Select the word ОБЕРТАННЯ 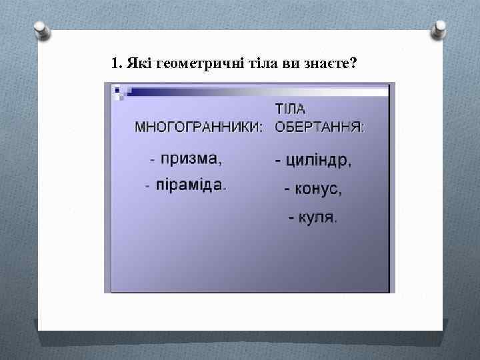click(320, 127)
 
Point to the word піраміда click(191, 185)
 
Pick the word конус click(318, 189)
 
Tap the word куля click(317, 217)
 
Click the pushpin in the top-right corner click(439, 30)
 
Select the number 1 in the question click(115, 64)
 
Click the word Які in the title click(137, 64)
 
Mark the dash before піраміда click(147, 186)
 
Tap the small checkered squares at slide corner click(121, 91)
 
